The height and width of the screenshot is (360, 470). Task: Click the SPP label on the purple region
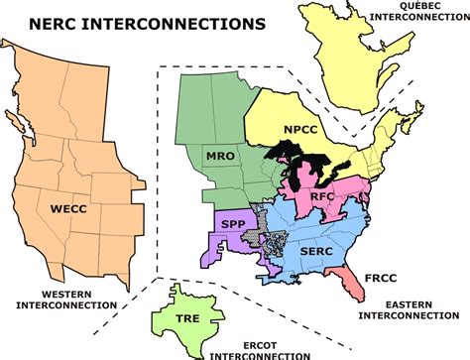232,226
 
